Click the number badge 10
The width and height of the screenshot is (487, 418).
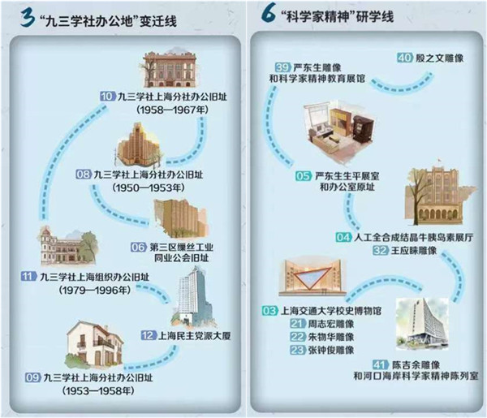click(x=108, y=96)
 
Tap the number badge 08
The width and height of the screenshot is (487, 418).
click(x=84, y=175)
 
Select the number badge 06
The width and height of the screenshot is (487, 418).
click(x=139, y=248)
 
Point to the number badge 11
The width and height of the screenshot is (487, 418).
click(x=28, y=276)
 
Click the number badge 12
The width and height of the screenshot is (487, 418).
click(x=149, y=335)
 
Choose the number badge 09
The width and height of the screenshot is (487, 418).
click(x=33, y=377)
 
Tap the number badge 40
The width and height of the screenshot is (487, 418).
click(x=405, y=58)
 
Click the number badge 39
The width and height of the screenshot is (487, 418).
click(x=283, y=67)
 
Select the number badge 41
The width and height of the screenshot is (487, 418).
click(x=381, y=364)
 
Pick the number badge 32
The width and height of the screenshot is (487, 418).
click(x=381, y=250)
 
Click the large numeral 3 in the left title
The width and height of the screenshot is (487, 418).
click(x=28, y=18)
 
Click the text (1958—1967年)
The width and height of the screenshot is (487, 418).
click(x=172, y=110)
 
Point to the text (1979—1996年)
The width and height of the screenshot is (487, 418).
click(x=95, y=290)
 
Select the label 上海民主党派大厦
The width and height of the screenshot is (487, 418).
click(x=195, y=336)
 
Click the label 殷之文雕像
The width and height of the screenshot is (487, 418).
click(x=439, y=58)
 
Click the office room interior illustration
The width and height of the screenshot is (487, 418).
click(x=340, y=131)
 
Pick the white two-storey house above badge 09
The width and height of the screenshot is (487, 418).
click(x=95, y=345)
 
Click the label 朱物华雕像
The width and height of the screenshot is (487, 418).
click(x=331, y=337)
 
